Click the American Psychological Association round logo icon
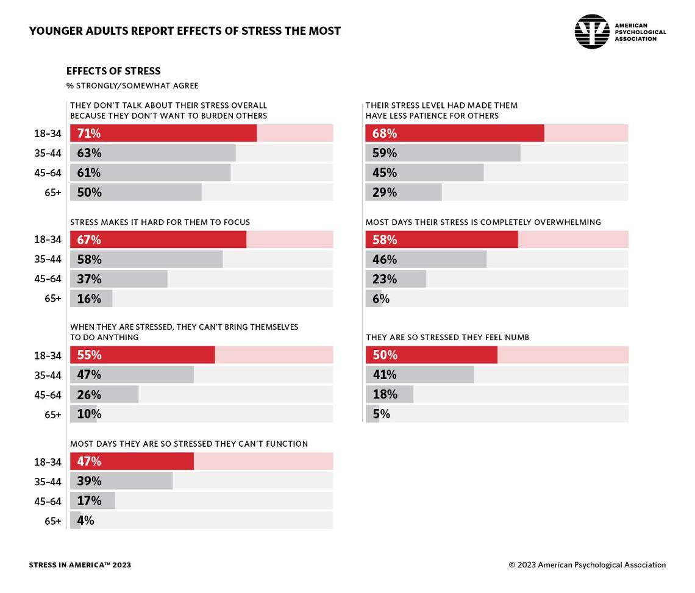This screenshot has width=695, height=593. coord(591,32)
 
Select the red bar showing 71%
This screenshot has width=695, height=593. coord(163,133)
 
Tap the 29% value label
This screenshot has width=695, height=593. coord(385,193)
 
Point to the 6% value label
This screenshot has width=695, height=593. coord(381,299)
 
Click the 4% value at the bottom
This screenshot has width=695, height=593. coord(85,520)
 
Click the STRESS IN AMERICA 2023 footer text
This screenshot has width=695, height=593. coord(80,565)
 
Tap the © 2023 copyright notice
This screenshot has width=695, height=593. coord(587,565)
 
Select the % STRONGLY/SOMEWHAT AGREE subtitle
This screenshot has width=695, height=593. coord(132,86)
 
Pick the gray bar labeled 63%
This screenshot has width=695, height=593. coord(152,153)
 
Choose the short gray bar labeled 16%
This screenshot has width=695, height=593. coord(91,299)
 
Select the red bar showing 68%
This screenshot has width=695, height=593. coord(454,133)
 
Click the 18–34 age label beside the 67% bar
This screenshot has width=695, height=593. coord(48,240)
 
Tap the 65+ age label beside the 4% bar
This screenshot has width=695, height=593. coord(52,521)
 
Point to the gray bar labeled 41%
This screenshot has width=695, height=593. coord(419,374)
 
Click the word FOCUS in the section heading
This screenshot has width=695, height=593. coord(235,222)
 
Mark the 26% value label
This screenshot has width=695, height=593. coord(89,394)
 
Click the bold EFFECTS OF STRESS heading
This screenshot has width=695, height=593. coord(113,71)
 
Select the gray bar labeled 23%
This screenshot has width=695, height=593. coord(396,279)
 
